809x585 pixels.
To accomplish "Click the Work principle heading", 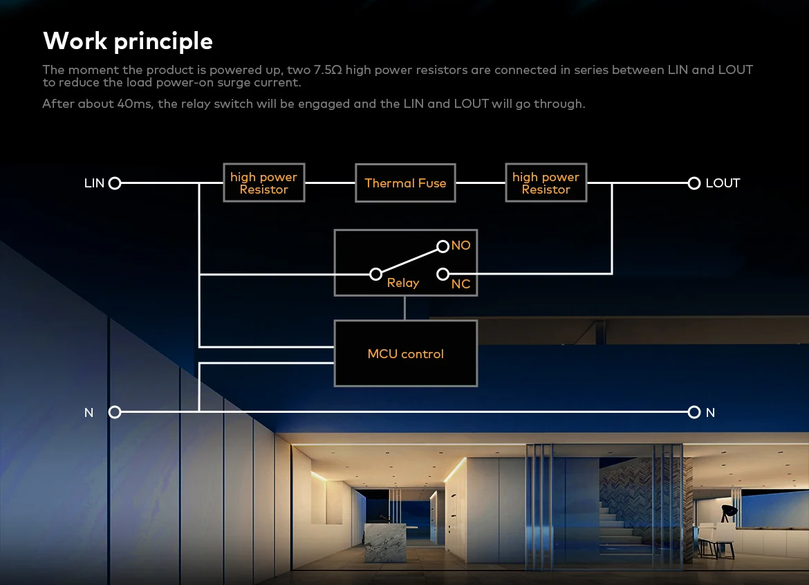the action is coord(128,41).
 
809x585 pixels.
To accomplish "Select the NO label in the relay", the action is coord(461,245).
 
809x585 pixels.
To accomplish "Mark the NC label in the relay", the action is coord(461,284).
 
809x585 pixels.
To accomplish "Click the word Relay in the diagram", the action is coord(403,284).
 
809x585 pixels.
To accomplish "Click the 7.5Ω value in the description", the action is coord(328,70).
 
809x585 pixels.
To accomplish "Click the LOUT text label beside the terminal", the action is coord(723,183).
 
